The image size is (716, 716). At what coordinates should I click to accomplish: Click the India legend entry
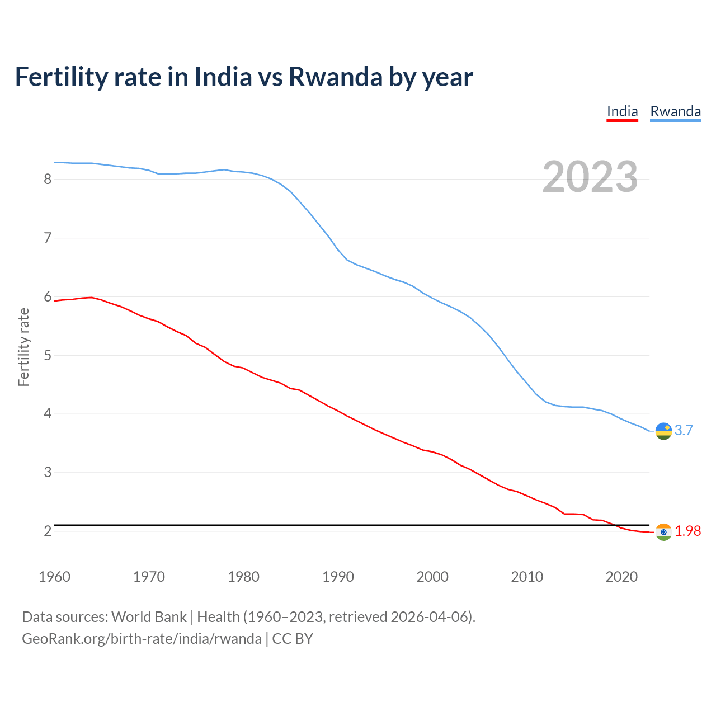point(622,111)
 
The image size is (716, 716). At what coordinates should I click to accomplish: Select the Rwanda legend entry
point(675,111)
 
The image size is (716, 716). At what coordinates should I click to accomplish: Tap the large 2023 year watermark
point(590,177)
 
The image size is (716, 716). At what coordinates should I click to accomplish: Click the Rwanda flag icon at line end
point(663,431)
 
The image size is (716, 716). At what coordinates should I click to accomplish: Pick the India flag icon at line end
point(663,532)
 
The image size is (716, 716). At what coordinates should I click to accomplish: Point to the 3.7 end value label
point(684,430)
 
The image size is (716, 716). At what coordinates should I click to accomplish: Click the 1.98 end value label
point(687,531)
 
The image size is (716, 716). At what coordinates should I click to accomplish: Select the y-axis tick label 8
point(48,179)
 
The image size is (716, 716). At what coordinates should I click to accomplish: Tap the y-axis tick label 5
point(48,355)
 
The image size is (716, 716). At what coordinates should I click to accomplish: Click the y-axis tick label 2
point(48,531)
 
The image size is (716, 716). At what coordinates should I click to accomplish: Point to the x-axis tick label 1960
point(54,577)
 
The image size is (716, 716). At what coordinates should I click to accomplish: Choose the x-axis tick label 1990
point(338,577)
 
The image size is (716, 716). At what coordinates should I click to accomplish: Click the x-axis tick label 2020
point(621,577)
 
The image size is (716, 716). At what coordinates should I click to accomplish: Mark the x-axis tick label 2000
point(432,577)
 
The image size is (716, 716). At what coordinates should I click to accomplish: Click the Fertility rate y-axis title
point(23,347)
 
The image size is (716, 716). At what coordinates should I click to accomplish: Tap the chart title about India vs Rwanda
point(244,77)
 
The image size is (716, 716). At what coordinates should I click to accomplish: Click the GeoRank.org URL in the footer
point(142,638)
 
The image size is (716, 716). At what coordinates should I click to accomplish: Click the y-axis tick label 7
point(48,238)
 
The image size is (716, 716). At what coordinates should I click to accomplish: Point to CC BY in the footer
point(293,638)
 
